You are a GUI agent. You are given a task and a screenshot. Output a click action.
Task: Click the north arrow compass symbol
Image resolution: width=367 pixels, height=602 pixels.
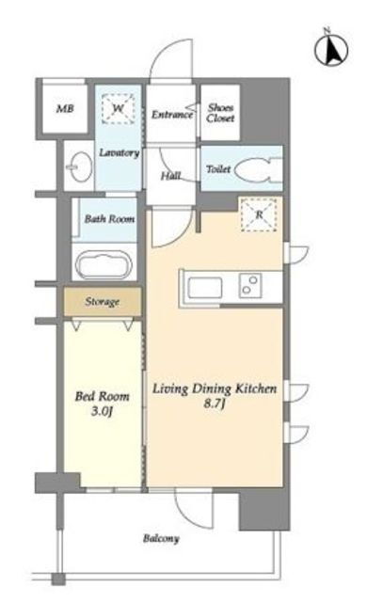331,50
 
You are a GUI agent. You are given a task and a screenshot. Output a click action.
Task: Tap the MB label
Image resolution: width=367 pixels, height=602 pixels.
65,109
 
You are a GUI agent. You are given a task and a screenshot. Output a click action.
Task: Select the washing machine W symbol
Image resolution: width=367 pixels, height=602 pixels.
119,109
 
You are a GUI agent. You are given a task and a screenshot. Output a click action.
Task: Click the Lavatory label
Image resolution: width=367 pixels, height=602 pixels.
119,152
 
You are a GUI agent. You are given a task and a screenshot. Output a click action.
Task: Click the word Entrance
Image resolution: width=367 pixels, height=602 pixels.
171,115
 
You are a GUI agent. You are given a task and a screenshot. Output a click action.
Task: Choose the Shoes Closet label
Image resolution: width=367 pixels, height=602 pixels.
220,113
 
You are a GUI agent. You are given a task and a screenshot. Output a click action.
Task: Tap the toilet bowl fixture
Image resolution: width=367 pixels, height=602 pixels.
258,169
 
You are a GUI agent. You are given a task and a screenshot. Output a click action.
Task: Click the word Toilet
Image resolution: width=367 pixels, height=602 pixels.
218,169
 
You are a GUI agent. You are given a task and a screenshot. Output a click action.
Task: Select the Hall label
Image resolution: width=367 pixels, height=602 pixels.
171,176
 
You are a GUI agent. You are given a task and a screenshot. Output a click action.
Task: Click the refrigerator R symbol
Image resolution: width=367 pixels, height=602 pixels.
259,214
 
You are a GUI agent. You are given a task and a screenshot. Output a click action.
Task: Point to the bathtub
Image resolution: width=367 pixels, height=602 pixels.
104,264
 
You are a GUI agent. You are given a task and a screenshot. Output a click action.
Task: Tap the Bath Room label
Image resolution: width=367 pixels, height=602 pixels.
109,219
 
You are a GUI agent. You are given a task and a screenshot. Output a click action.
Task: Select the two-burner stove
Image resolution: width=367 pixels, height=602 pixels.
250,286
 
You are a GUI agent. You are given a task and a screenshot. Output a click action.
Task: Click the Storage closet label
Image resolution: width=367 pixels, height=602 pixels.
102,302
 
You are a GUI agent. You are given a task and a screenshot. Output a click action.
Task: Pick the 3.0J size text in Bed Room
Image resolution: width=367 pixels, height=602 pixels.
102,412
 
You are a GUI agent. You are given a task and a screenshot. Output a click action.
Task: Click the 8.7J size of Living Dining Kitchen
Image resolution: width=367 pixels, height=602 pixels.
215,404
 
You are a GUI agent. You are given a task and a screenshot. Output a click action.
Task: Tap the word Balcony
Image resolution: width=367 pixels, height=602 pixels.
161,539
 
